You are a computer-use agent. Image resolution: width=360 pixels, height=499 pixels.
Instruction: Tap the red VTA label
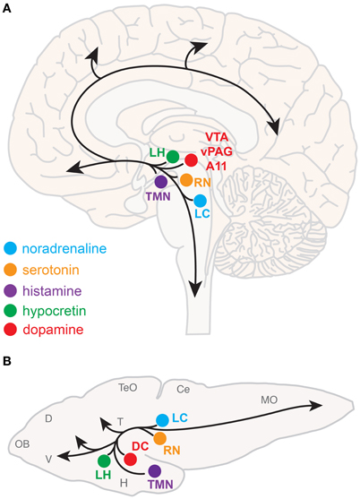coord(218,136)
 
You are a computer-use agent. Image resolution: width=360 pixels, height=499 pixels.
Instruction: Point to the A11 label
coord(218,167)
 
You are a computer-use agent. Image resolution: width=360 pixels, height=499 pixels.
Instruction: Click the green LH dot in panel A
coord(173,156)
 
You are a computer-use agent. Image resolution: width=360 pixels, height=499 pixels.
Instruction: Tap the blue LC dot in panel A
coord(201,201)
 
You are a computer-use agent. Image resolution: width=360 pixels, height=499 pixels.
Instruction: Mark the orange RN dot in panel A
coord(186,181)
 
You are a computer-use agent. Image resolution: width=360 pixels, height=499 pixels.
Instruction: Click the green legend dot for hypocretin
coord(11,308)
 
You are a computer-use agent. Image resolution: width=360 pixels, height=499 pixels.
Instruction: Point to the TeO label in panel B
coord(129,387)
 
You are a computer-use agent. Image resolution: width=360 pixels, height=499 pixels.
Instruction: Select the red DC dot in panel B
coord(131,460)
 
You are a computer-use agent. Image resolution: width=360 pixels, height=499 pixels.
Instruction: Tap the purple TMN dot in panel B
coord(154,470)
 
